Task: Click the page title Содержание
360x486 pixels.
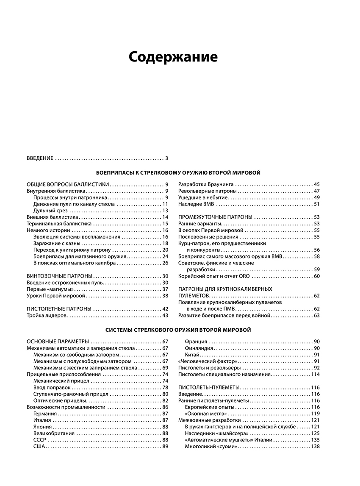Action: pos(173,57)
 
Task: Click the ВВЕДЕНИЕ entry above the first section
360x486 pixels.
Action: pos(40,158)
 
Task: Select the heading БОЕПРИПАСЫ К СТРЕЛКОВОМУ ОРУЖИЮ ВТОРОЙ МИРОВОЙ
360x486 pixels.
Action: pos(178,172)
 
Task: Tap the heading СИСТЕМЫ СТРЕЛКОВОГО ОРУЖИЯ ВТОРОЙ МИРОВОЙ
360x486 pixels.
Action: pos(178,330)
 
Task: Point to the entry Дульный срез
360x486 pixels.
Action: pos(50,211)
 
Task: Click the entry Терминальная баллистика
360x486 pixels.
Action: pos(59,224)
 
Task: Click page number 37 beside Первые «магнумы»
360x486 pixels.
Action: pos(165,289)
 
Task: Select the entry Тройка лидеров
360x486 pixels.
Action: pos(47,316)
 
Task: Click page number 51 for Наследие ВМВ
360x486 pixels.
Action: pos(316,204)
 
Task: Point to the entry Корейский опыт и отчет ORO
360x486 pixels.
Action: pos(214,276)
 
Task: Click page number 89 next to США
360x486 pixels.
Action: pos(165,446)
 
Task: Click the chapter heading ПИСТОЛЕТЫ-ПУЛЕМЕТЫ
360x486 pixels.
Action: pos(209,387)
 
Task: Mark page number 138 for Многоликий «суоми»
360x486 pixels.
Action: pos(315,446)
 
